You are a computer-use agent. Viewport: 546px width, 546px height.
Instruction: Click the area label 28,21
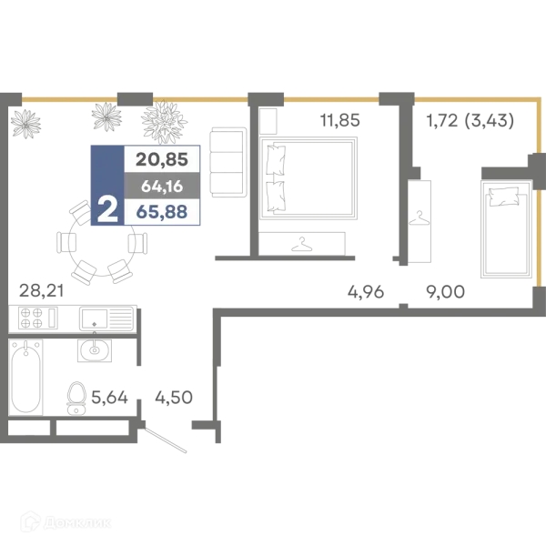point(42,290)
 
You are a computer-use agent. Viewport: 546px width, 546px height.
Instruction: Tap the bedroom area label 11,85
point(339,120)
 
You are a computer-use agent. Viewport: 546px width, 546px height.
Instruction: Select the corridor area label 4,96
point(366,291)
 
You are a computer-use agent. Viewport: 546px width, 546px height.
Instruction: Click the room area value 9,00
point(445,291)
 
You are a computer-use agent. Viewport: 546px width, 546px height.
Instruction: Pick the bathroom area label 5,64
point(109,397)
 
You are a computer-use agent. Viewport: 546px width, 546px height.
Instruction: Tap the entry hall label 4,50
point(174,397)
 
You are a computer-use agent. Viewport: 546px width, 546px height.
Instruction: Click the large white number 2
point(107,209)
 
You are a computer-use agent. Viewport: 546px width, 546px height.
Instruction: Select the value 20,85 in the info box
point(162,159)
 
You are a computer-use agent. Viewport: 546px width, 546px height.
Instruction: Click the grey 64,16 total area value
point(162,187)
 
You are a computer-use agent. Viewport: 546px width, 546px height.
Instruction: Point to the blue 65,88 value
point(162,211)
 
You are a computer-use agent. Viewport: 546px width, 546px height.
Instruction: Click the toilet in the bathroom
point(76,399)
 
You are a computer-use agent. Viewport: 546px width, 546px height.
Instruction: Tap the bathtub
point(25,377)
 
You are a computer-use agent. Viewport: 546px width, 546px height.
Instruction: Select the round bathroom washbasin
point(95,349)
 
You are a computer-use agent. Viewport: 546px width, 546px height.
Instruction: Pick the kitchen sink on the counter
point(106,318)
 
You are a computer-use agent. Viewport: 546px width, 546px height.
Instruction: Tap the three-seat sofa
point(228,163)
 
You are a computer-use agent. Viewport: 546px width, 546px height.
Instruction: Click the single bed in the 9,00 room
point(507,228)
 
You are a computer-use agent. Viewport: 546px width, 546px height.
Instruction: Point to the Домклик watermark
point(66,522)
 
